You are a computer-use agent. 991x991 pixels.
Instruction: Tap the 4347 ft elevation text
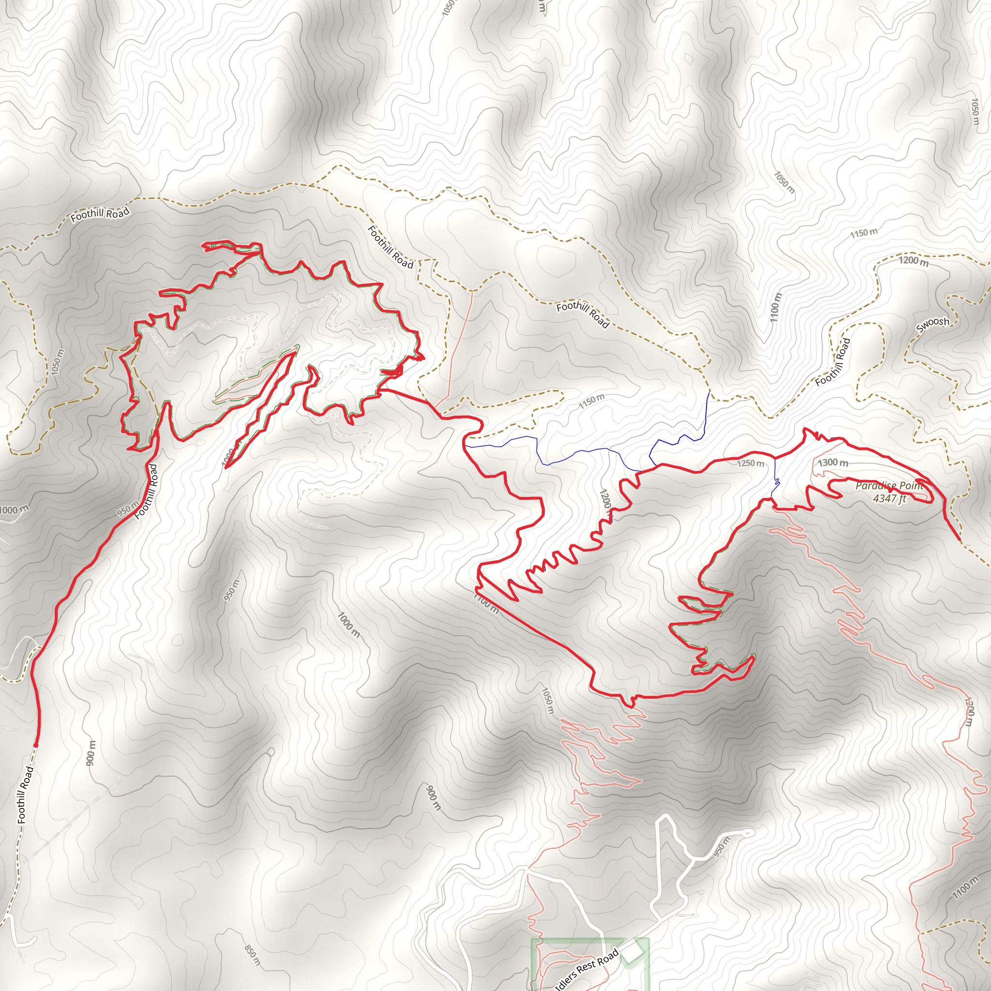(x=889, y=498)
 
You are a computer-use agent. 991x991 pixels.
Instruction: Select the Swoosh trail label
(x=932, y=324)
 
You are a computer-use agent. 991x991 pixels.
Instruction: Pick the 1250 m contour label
(x=751, y=463)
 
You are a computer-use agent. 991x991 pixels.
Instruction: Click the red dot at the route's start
(x=36, y=745)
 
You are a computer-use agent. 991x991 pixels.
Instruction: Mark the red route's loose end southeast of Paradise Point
(x=960, y=540)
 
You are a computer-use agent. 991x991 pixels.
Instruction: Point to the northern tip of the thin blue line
(x=709, y=391)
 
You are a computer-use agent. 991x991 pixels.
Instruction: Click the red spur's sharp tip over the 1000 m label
(x=225, y=466)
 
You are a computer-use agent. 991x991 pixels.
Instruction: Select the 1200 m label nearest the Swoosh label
(x=914, y=261)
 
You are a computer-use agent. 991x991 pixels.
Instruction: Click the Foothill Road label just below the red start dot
(x=26, y=794)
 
